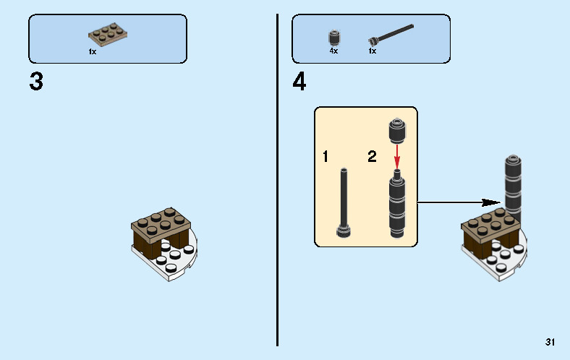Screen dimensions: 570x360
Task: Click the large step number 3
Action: click(36, 81)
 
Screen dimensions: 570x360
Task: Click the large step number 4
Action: click(299, 81)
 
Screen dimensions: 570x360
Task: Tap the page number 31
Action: click(550, 342)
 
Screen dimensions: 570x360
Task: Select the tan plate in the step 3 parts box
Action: click(108, 35)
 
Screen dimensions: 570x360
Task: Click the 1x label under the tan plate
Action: click(93, 52)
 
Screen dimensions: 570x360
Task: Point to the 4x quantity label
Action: click(333, 51)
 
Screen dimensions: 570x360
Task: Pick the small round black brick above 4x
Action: click(334, 38)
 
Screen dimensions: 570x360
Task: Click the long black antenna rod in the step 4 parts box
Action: click(391, 35)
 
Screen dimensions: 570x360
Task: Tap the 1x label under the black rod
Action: click(373, 51)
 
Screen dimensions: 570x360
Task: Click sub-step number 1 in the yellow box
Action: click(326, 157)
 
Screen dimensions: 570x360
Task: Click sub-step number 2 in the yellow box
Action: click(372, 157)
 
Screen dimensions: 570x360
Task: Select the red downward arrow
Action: click(397, 157)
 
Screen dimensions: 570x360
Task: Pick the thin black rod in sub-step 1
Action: click(344, 202)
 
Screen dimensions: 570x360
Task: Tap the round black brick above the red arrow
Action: click(397, 131)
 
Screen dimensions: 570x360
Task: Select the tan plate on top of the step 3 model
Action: click(161, 226)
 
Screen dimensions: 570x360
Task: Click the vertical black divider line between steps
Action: click(277, 180)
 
